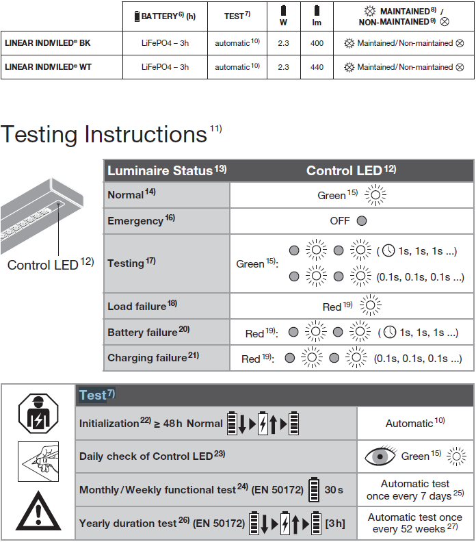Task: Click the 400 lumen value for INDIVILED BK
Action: coord(317,43)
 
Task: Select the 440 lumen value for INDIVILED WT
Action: coord(317,67)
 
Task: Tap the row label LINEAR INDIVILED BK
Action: coord(47,43)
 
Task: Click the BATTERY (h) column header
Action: coord(168,16)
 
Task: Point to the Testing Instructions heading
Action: coord(104,134)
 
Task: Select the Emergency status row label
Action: coord(135,221)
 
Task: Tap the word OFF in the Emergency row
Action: coord(340,221)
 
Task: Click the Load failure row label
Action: coord(137,307)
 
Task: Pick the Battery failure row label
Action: coord(143,333)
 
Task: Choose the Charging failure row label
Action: coord(147,357)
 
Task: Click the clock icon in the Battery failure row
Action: coord(389,333)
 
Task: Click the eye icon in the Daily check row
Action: coord(380,456)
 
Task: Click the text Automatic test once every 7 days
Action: coord(415,490)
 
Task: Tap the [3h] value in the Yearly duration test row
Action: coord(335,524)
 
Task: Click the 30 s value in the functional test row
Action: coord(334,490)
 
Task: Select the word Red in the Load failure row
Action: coord(332,307)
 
